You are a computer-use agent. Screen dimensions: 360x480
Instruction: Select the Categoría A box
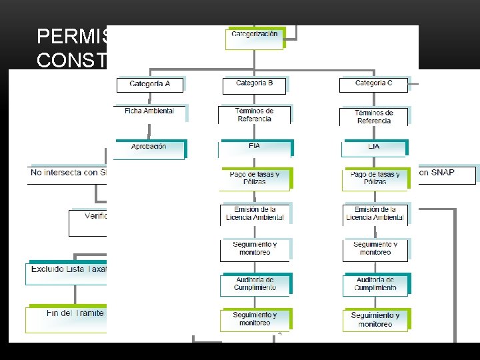(x=149, y=85)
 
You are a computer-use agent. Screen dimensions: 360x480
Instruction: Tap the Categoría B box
(x=254, y=84)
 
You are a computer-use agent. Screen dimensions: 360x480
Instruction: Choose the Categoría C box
(x=373, y=84)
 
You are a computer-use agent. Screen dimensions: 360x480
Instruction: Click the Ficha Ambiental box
(x=149, y=111)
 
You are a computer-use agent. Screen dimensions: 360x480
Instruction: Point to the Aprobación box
(x=149, y=147)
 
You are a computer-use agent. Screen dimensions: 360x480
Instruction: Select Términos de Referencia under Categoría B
(x=254, y=115)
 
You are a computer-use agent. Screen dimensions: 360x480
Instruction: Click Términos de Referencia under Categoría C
(x=374, y=117)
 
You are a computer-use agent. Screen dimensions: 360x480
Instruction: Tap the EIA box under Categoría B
(x=254, y=146)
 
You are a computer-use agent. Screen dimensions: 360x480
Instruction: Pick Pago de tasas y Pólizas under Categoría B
(x=254, y=178)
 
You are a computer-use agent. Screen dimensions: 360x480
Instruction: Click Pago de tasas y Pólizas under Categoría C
(x=375, y=178)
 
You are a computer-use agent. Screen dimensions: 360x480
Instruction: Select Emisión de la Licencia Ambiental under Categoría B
(x=254, y=213)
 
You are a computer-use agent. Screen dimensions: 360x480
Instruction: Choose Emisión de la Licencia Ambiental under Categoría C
(x=375, y=213)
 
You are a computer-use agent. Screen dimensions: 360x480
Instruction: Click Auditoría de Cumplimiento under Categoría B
(x=254, y=284)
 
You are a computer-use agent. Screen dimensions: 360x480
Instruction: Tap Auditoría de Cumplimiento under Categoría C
(x=375, y=284)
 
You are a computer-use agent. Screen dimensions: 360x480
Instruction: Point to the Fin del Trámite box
(x=66, y=314)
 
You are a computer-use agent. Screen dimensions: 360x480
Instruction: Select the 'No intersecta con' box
(x=67, y=173)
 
